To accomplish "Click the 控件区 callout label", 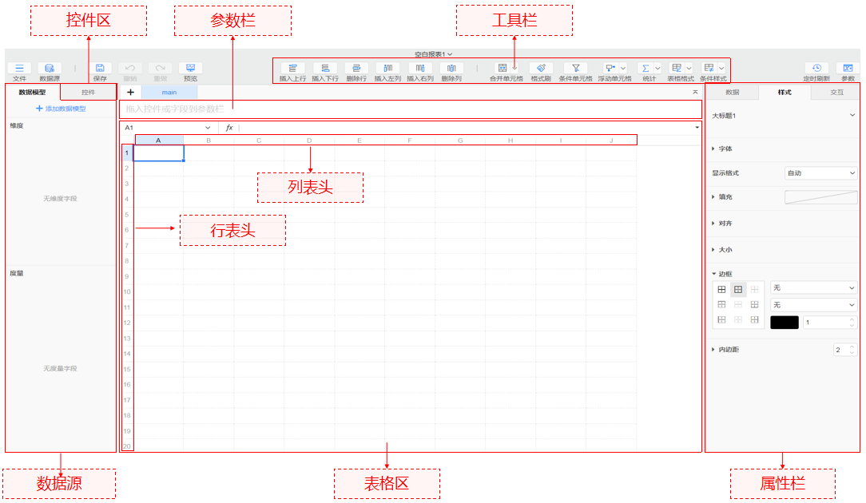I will coord(88,21).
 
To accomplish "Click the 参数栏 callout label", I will coord(232,21).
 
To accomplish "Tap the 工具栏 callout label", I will coord(514,20).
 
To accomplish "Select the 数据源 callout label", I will coord(60,483).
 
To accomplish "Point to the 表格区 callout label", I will coord(387,483).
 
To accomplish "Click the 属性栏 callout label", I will coord(783,483).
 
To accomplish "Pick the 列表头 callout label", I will coord(310,188).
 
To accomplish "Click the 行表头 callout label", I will coord(232,230).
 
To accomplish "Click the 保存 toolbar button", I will coord(100,71).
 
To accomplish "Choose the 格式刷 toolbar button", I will coord(541,71).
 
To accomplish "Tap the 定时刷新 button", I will coord(816,71).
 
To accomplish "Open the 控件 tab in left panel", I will coord(88,93).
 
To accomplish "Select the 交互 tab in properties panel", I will coord(836,93).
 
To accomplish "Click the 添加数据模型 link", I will coord(61,109).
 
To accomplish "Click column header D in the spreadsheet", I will coord(309,141).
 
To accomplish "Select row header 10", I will coord(127,292).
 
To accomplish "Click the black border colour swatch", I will coord(784,323).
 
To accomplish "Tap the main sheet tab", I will coord(169,93).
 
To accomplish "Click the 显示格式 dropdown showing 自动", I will coord(820,173).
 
